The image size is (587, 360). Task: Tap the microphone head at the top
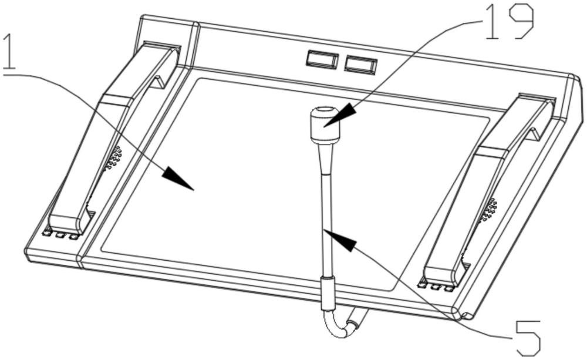pyautogui.click(x=325, y=125)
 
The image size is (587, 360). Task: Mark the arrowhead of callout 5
pyautogui.click(x=343, y=239)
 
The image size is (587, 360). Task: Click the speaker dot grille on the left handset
pyautogui.click(x=113, y=159)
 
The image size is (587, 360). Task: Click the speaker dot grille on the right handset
pyautogui.click(x=488, y=210)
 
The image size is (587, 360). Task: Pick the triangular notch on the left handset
pyautogui.click(x=157, y=83)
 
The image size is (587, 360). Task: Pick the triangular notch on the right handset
pyautogui.click(x=533, y=134)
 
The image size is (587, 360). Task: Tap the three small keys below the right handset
pyautogui.click(x=436, y=285)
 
